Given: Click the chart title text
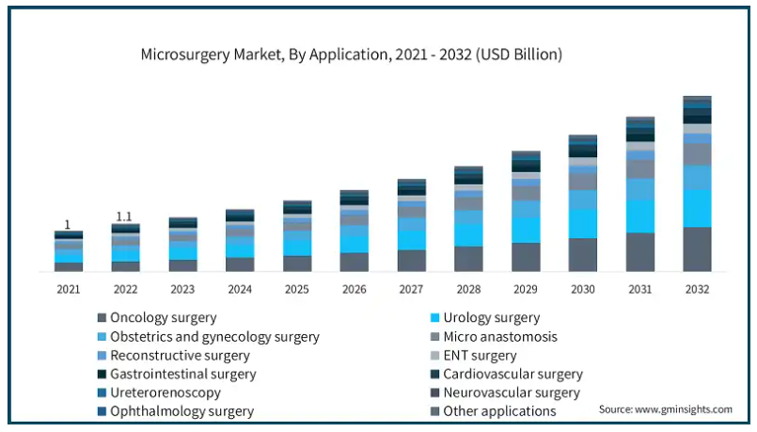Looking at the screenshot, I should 351,55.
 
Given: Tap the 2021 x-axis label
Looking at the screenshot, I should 69,289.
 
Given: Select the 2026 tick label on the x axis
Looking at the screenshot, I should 354,289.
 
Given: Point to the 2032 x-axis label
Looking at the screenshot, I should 696,289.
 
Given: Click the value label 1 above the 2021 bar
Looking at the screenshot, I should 68,224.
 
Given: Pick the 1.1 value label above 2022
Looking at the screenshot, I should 125,216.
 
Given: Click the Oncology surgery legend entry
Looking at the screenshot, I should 163,318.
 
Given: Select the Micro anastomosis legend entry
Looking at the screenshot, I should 500,337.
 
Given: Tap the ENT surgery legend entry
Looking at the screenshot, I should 480,356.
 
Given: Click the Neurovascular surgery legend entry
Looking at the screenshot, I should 512,392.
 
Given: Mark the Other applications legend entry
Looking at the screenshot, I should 499,411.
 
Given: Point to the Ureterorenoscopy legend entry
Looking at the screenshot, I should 166,392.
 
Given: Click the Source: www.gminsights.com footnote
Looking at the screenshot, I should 665,409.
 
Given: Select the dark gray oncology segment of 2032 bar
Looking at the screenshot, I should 697,249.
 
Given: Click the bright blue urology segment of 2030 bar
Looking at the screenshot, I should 582,223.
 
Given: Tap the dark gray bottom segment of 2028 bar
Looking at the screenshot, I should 468,259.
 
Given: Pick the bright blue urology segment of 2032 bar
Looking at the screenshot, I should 697,208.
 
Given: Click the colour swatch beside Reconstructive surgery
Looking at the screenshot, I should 101,356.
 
